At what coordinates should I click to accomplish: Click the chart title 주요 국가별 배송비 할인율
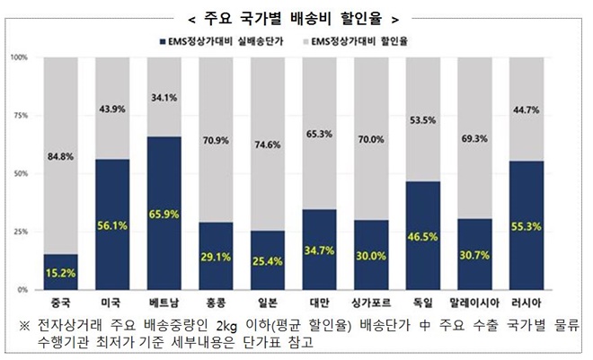coord(296,18)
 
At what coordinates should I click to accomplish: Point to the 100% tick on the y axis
coord(19,57)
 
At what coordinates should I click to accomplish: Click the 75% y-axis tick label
coord(21,116)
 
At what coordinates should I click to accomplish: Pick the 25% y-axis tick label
coord(21,233)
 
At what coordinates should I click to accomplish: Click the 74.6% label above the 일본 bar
coord(267,143)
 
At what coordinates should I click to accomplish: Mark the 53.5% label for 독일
coord(420,119)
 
